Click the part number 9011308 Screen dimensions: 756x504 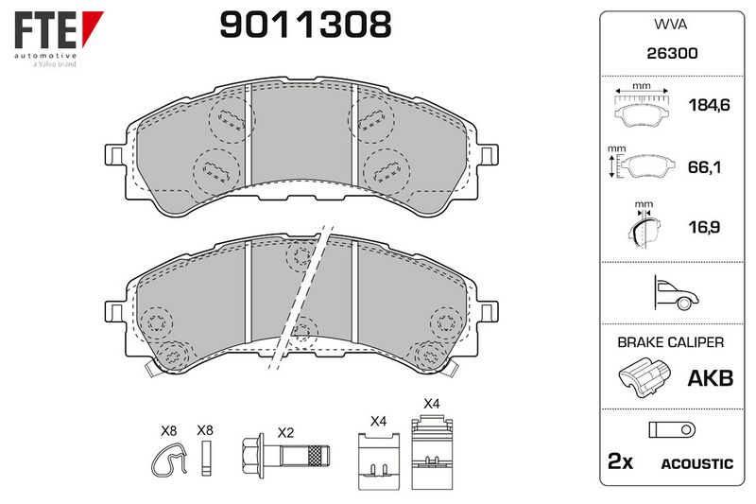pos(305,26)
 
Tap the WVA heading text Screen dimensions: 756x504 pos(670,25)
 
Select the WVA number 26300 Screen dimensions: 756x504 pos(672,53)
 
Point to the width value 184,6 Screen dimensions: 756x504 pos(709,105)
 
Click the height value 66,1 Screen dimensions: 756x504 pos(704,167)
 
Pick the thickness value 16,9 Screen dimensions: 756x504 pos(704,227)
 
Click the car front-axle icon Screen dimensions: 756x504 pos(676,293)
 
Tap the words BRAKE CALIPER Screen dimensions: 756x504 pos(671,342)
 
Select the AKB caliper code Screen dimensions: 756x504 pos(711,378)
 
